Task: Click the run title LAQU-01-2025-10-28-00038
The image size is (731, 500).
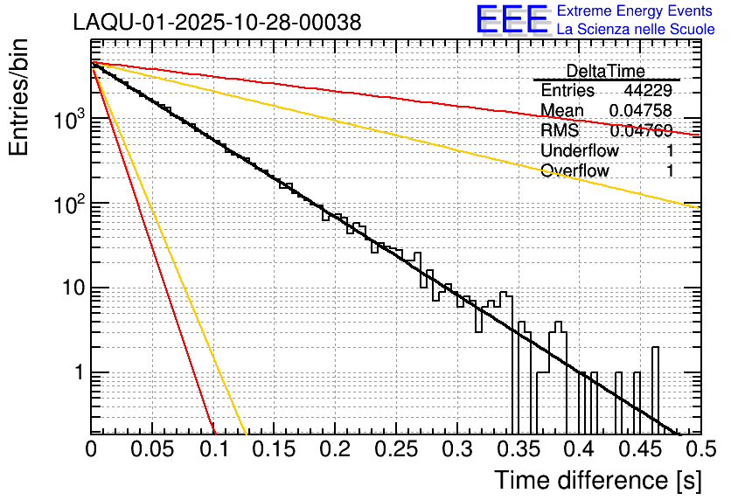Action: [x=217, y=24]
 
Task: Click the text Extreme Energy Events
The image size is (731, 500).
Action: [x=636, y=11]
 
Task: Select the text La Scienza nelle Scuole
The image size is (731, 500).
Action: [x=636, y=30]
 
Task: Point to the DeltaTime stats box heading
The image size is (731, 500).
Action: [x=606, y=71]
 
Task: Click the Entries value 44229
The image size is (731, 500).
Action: [x=648, y=91]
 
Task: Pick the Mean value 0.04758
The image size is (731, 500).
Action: [x=641, y=111]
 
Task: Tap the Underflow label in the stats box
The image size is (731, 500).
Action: [x=580, y=151]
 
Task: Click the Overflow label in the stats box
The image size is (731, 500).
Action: [x=574, y=171]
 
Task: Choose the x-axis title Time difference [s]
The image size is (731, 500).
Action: [x=596, y=480]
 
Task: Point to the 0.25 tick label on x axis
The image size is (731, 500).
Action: [x=395, y=449]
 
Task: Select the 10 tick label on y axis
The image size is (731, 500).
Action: [x=69, y=288]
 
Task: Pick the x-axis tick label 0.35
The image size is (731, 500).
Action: [x=518, y=449]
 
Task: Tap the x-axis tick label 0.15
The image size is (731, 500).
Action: [x=274, y=449]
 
